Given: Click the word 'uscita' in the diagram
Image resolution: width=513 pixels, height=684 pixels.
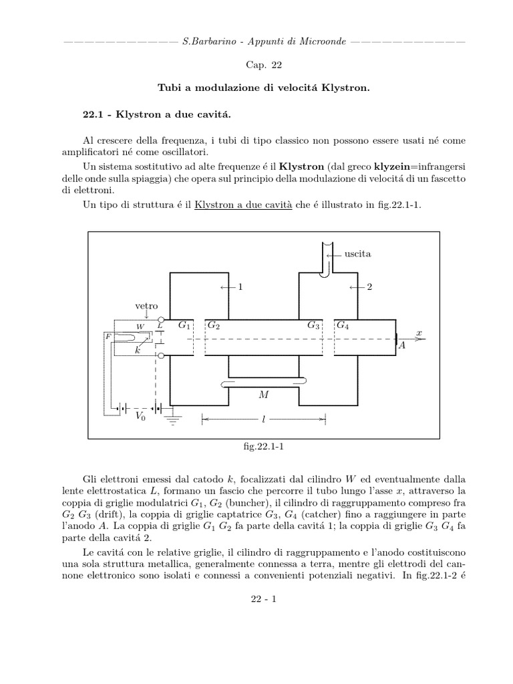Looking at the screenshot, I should pyautogui.click(x=357, y=254).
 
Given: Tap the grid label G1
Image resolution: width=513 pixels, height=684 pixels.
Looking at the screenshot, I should pyautogui.click(x=184, y=325).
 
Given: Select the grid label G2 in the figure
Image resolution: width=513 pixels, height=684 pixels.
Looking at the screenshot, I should pyautogui.click(x=214, y=325).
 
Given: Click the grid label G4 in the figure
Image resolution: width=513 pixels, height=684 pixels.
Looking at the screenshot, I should pyautogui.click(x=342, y=325).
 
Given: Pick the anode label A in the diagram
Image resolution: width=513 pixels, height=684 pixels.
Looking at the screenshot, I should pyautogui.click(x=401, y=346).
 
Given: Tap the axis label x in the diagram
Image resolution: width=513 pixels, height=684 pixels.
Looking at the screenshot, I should pyautogui.click(x=419, y=332).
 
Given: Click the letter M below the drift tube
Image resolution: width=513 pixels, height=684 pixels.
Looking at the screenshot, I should pyautogui.click(x=263, y=395).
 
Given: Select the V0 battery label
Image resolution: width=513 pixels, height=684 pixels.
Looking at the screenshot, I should pyautogui.click(x=140, y=416).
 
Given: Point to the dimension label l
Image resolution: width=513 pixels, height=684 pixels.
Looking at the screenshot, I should pyautogui.click(x=264, y=419).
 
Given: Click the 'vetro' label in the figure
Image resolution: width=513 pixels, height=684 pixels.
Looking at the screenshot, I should pyautogui.click(x=146, y=306).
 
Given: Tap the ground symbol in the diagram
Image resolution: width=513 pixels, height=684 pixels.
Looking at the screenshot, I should pyautogui.click(x=173, y=419).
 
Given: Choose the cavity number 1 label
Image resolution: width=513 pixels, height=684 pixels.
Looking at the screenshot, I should pyautogui.click(x=240, y=287).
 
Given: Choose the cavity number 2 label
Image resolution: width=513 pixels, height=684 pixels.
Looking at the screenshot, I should pyautogui.click(x=369, y=287).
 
